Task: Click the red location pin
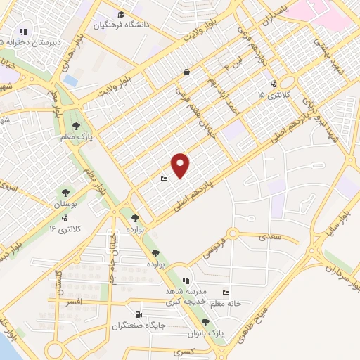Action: pos(181,165)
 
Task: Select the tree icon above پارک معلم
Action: pos(85,125)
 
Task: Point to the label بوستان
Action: pos(66,204)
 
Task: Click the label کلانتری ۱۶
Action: pos(68,229)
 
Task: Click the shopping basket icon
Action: pos(186,72)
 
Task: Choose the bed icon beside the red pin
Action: pos(164,179)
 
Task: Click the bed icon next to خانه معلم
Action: pos(225,292)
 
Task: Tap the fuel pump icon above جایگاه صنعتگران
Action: pos(138,314)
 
